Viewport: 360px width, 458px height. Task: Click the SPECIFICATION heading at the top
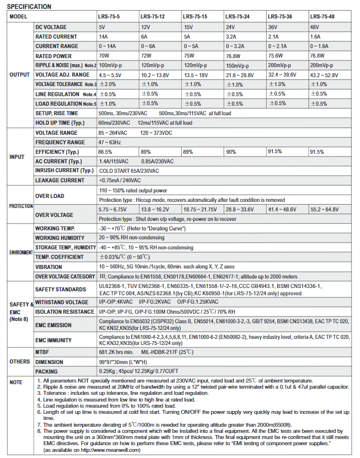[29, 7]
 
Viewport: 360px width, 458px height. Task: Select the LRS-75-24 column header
[239, 17]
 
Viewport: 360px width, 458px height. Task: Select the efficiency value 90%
[230, 152]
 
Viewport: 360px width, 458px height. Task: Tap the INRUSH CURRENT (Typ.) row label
[64, 170]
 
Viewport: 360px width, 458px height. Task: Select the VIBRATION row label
[49, 267]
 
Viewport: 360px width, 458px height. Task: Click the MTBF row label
[42, 351]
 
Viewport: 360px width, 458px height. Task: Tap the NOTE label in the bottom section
[16, 383]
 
